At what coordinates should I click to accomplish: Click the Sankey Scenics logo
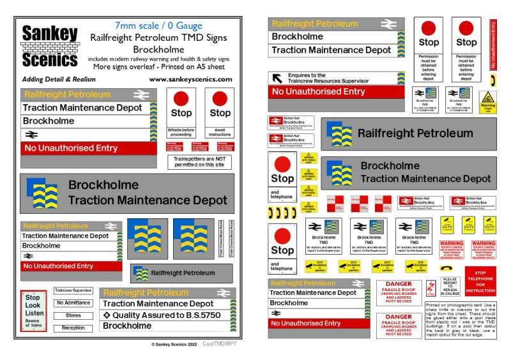50,46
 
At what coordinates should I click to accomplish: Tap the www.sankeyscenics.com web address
190,79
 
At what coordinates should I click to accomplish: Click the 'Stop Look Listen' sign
34,311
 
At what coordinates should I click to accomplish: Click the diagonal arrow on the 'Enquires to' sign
278,79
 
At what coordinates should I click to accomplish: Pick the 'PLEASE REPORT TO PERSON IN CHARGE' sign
450,287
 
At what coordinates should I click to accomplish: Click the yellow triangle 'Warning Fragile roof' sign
487,101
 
